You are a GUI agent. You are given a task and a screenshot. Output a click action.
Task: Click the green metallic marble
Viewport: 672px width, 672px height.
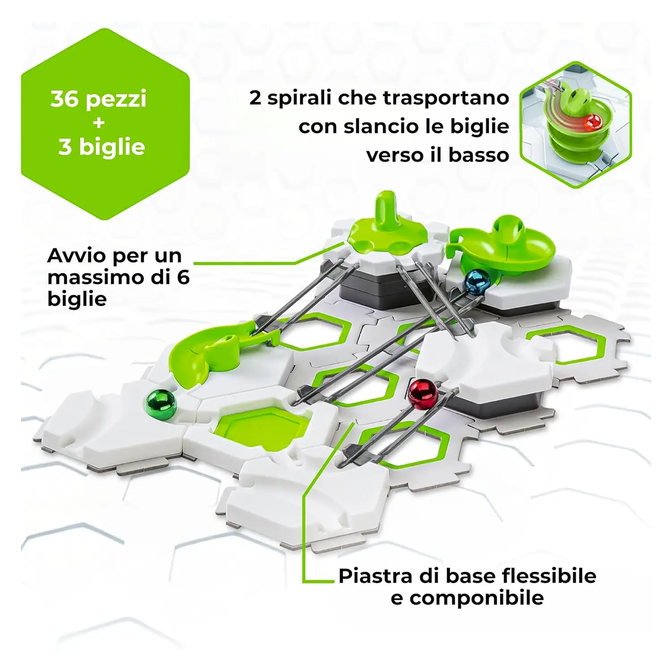(161, 405)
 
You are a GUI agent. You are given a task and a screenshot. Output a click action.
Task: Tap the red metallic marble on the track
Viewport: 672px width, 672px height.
(422, 394)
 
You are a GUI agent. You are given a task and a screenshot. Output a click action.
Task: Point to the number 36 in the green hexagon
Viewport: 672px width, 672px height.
(65, 99)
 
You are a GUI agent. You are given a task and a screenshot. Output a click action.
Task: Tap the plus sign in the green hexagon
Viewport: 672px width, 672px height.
(99, 122)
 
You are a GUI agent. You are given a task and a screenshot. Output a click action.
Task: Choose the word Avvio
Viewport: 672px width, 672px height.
(76, 256)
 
